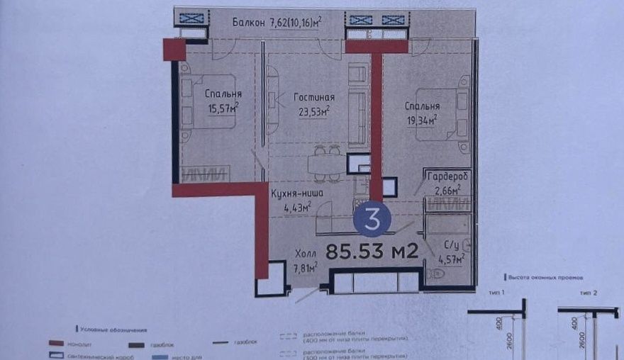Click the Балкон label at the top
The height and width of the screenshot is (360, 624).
click(x=248, y=23)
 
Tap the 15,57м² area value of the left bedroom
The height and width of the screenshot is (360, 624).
click(x=223, y=108)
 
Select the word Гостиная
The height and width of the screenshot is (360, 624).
click(x=314, y=98)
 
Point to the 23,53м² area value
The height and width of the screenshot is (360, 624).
click(x=316, y=111)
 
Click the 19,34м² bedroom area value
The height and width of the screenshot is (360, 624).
click(x=420, y=120)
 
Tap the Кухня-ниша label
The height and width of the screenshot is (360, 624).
click(x=298, y=191)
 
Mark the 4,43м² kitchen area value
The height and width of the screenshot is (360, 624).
click(x=298, y=207)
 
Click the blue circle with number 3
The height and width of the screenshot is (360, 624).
click(x=372, y=218)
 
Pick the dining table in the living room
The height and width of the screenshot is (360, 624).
click(x=327, y=164)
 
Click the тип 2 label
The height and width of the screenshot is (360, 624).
click(x=588, y=292)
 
